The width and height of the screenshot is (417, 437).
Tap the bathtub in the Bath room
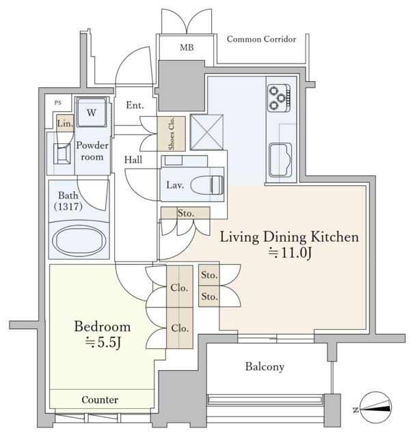79,240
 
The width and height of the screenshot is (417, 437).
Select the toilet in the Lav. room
207,184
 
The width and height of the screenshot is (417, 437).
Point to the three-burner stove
279,98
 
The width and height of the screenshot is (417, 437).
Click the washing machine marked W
92,112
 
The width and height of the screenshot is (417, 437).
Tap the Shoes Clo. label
171,134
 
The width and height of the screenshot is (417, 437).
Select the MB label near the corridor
187,48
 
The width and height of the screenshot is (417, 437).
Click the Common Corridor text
261,39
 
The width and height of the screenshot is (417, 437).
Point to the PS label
58,103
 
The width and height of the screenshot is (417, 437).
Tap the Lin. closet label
65,123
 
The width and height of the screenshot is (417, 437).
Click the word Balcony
265,367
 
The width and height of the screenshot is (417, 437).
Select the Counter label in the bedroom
100,399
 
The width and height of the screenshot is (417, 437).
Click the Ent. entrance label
135,105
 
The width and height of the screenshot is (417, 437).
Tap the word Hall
133,160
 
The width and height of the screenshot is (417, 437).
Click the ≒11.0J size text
289,253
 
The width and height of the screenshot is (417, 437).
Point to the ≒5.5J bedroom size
103,343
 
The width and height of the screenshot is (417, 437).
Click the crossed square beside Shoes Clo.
207,132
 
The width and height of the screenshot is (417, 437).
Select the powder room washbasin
62,154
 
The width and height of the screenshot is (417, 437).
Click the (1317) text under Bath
68,206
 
